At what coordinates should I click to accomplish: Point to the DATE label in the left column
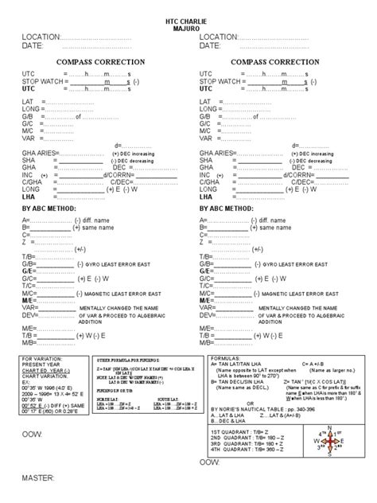(33, 46)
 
